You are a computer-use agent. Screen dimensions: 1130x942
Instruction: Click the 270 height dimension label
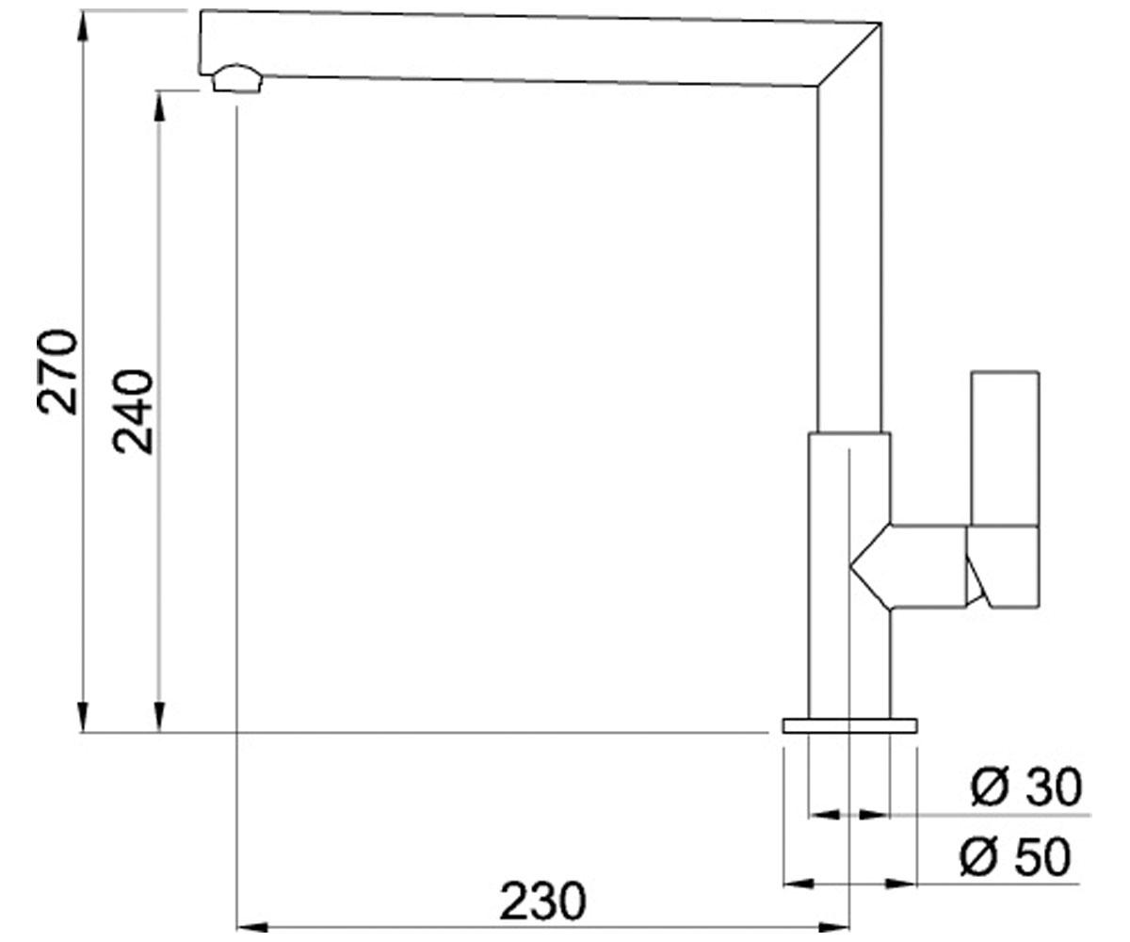click(56, 372)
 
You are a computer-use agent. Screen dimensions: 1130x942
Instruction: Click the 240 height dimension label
click(133, 412)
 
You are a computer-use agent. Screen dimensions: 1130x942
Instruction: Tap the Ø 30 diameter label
click(1026, 787)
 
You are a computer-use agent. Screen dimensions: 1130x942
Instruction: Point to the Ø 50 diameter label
click(1015, 857)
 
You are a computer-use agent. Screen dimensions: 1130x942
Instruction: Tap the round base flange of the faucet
click(849, 725)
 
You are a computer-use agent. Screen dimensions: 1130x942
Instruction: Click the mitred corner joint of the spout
click(849, 54)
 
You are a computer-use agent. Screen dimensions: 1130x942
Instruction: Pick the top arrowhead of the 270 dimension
click(83, 25)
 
